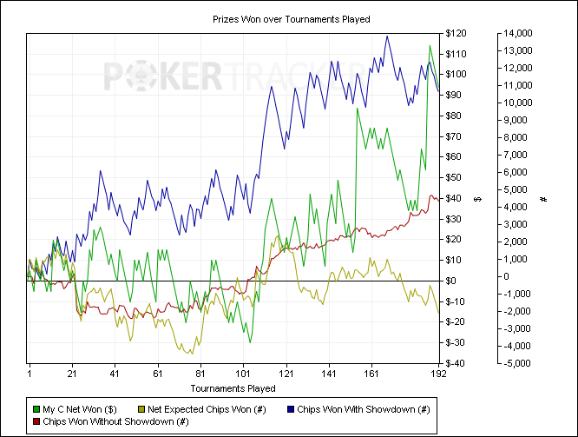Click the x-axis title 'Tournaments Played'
[x=233, y=388]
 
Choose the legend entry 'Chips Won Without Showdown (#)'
[x=116, y=421]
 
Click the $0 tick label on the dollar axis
[x=454, y=281]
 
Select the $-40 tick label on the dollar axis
[x=456, y=363]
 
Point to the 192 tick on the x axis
[x=438, y=374]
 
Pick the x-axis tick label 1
[x=29, y=374]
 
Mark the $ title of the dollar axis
[x=477, y=199]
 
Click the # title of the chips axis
[x=542, y=199]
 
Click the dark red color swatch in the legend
[x=36, y=421]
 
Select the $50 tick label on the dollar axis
[x=456, y=177]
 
